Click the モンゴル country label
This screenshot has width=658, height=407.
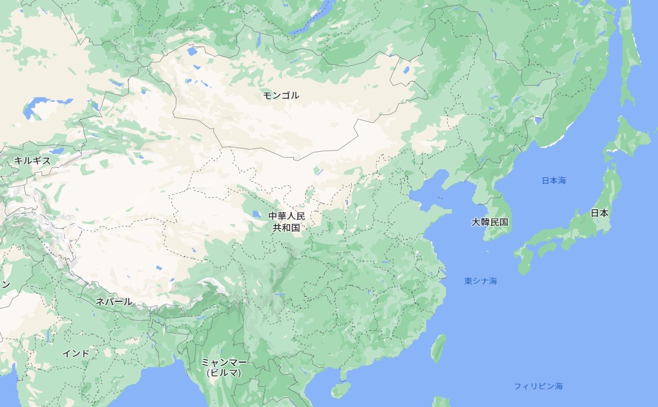281,95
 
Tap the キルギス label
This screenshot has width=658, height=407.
32,160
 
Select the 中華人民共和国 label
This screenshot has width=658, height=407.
287,221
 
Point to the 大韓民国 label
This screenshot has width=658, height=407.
490,222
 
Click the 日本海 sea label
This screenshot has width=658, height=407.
553,180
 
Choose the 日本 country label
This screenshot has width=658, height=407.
599,213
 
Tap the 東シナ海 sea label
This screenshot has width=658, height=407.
480,281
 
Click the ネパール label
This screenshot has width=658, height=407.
114,301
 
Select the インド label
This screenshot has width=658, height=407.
76,353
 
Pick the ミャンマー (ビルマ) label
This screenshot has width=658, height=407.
224,368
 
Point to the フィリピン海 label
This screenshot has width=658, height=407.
538,386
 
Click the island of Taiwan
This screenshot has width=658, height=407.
438,348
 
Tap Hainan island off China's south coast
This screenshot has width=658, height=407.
340,389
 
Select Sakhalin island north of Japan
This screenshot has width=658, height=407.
629,60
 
